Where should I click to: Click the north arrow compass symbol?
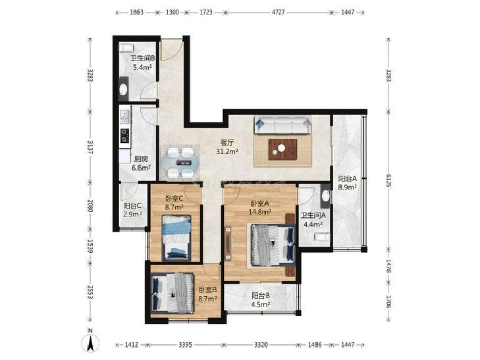pyautogui.click(x=90, y=342)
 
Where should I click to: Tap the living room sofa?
pyautogui.click(x=282, y=125)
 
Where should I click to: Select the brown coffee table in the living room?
pyautogui.click(x=282, y=149)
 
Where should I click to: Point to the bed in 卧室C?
pyautogui.click(x=176, y=238)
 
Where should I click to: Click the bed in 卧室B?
pyautogui.click(x=173, y=293)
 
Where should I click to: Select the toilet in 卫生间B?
pyautogui.click(x=126, y=48)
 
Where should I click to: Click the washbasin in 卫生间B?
pyautogui.click(x=123, y=89)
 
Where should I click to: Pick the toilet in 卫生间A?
pyautogui.click(x=322, y=237)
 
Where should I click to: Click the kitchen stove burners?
pyautogui.click(x=124, y=136)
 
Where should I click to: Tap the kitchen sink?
pyautogui.click(x=125, y=117)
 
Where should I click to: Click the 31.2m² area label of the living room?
pyautogui.click(x=227, y=151)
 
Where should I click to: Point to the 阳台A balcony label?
pyautogui.click(x=347, y=178)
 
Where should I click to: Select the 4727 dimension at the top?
pyautogui.click(x=279, y=13)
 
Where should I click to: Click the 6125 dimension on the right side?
pyautogui.click(x=388, y=180)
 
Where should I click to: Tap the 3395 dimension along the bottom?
pyautogui.click(x=185, y=345)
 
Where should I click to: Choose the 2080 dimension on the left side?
pyautogui.click(x=90, y=206)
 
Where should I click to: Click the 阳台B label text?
pyautogui.click(x=261, y=296)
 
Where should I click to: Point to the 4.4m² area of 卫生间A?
pyautogui.click(x=313, y=225)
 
